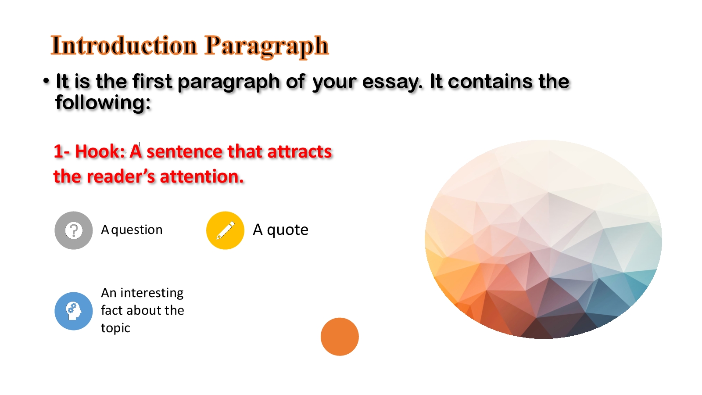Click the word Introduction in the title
(124, 46)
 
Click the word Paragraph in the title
(267, 47)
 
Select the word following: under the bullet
(103, 103)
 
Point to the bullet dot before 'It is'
(47, 81)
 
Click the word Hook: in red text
(100, 152)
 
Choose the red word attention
(202, 176)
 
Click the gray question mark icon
(74, 230)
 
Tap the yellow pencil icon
(225, 230)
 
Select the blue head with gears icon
(74, 311)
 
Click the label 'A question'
(132, 230)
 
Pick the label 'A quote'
(280, 230)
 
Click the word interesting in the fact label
(152, 294)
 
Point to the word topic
(115, 329)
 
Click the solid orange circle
(340, 337)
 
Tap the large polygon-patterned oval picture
(544, 239)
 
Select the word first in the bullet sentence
(152, 82)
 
